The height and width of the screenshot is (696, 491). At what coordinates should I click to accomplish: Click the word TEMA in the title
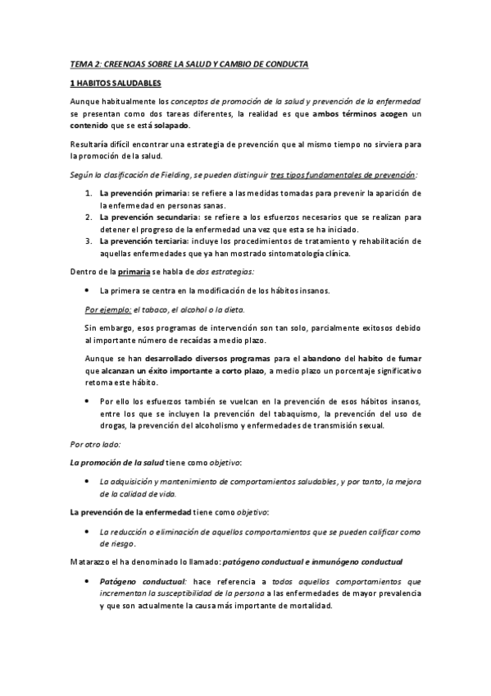(x=80, y=64)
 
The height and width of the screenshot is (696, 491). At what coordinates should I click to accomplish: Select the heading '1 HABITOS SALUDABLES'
(x=115, y=84)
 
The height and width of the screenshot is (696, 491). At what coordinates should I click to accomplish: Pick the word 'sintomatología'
(x=277, y=254)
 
